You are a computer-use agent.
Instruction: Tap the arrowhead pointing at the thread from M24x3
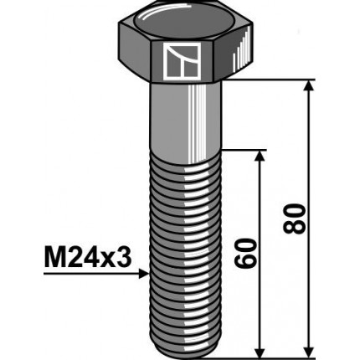pos(145,271)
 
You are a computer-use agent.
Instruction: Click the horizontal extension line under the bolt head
pos(276,80)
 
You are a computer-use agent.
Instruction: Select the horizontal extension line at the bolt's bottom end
pos(268,351)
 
